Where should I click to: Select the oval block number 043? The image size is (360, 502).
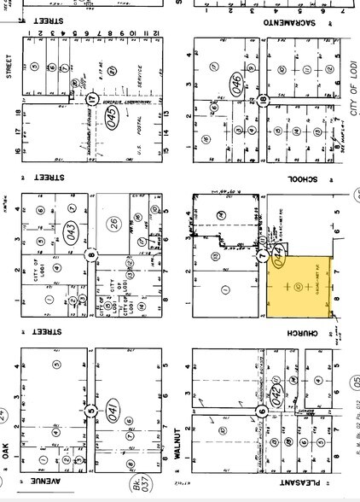click(x=71, y=230)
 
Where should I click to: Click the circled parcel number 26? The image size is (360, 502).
click(x=113, y=225)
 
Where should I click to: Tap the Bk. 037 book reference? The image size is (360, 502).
click(x=137, y=486)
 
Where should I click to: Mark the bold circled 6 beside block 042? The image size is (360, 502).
click(x=264, y=412)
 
